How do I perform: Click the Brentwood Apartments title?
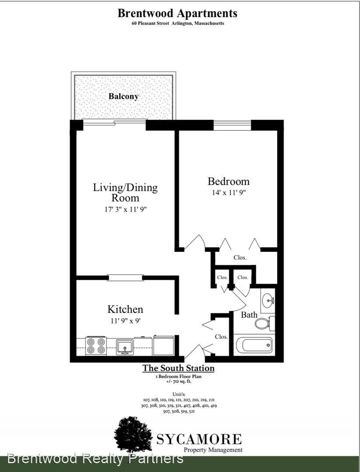tap(177, 13)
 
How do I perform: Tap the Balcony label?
tap(123, 96)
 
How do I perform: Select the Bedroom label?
tap(229, 181)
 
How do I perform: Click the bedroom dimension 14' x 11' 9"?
tap(229, 193)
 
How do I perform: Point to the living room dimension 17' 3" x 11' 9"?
tap(126, 209)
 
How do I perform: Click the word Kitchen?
tap(126, 309)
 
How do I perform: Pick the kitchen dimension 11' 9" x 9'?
tap(126, 321)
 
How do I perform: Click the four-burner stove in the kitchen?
tap(96, 346)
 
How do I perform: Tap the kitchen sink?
tap(125, 347)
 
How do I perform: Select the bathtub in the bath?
tap(254, 345)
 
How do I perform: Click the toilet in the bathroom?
tap(265, 323)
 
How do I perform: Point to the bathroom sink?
tap(268, 300)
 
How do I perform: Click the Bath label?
tap(249, 315)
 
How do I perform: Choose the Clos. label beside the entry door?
tap(221, 337)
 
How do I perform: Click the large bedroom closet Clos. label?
tap(240, 258)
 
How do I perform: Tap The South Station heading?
tap(178, 368)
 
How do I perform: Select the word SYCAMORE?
tap(199, 440)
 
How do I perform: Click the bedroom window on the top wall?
tap(232, 125)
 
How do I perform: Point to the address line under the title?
tap(178, 23)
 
